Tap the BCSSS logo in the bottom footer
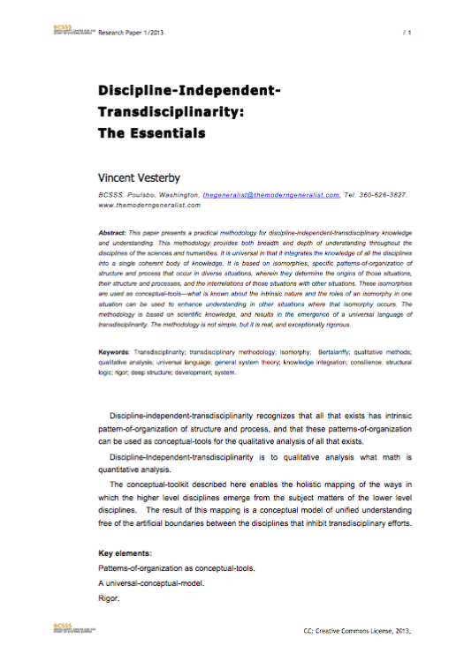coord(72,629)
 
